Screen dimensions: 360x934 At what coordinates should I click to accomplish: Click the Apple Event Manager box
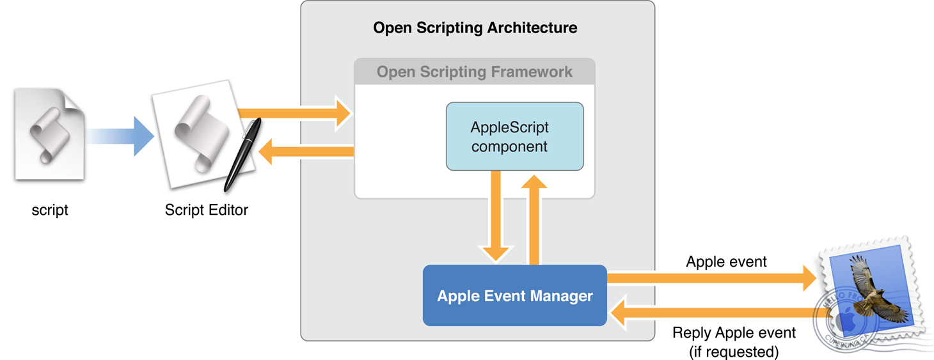point(514,296)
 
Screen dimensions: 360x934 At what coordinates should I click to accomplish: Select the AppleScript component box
point(514,137)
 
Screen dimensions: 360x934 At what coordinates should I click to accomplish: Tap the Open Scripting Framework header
point(474,72)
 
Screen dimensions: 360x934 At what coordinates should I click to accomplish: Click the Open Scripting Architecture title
point(475,28)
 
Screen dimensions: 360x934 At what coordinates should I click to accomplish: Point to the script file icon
point(49,135)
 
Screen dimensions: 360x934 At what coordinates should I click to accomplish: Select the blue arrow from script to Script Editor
point(122,136)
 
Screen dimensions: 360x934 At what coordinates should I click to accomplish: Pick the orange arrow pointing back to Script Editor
point(307,152)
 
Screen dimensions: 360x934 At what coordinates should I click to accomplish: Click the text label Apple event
point(726,262)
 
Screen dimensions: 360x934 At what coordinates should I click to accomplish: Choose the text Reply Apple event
point(734,333)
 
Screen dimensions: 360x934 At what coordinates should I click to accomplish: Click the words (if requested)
point(734,350)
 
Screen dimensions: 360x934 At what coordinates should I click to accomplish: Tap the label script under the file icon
point(50,210)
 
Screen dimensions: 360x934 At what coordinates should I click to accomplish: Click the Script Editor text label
point(206,210)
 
